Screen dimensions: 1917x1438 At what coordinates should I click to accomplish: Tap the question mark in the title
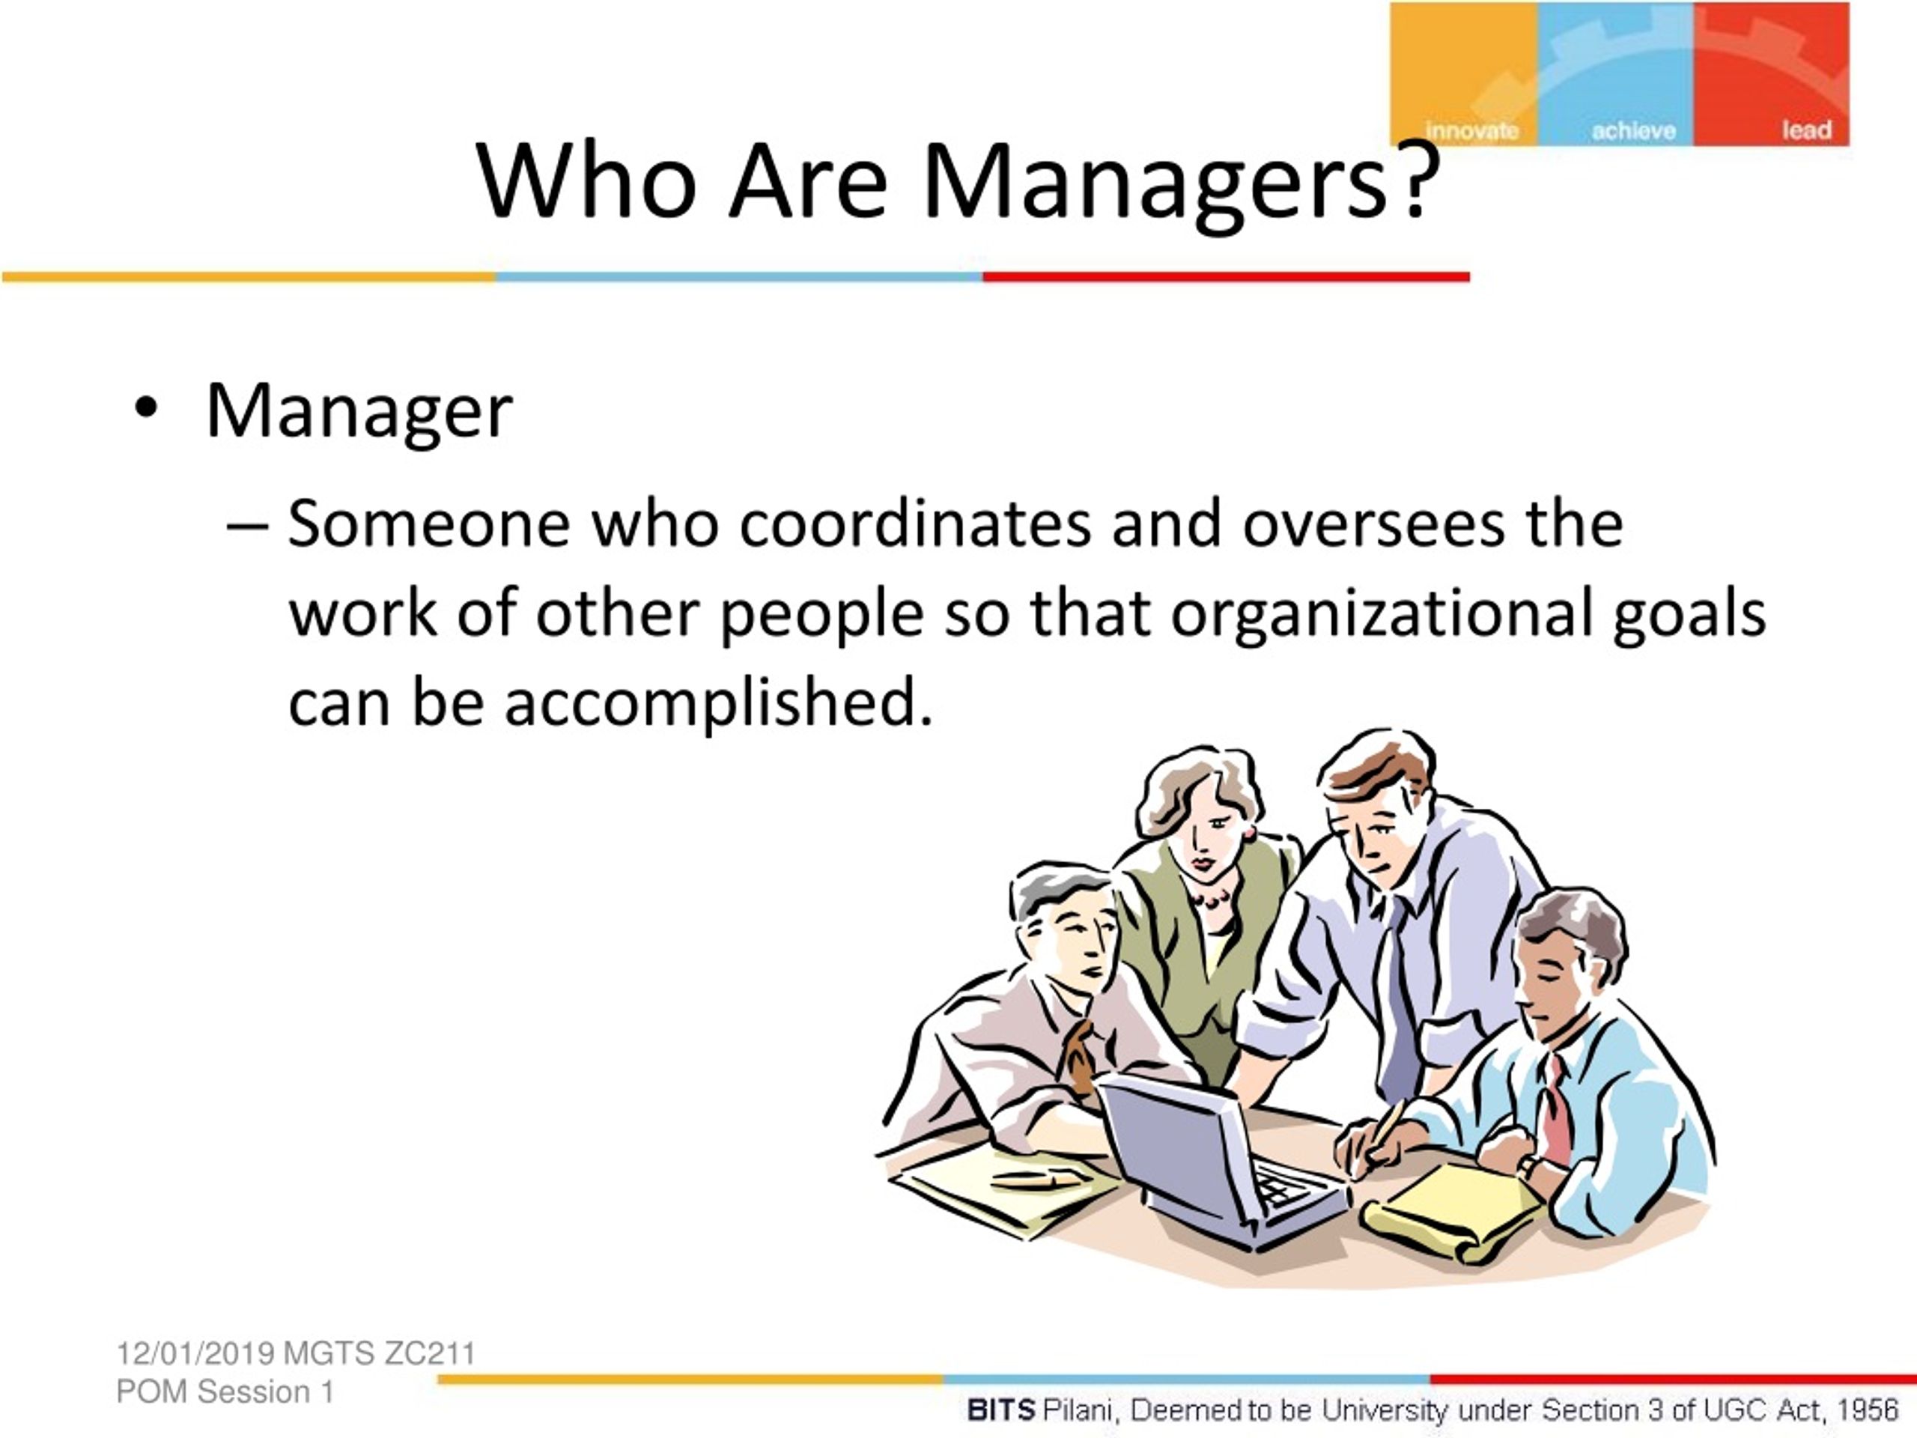coord(1417,178)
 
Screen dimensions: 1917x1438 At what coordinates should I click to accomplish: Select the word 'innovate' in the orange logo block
coord(1471,130)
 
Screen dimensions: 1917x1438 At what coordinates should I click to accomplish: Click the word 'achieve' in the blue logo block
coord(1634,130)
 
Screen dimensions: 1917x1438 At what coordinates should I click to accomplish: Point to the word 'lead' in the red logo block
coord(1807,130)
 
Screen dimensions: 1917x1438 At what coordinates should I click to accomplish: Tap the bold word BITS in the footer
coord(1001,1410)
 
